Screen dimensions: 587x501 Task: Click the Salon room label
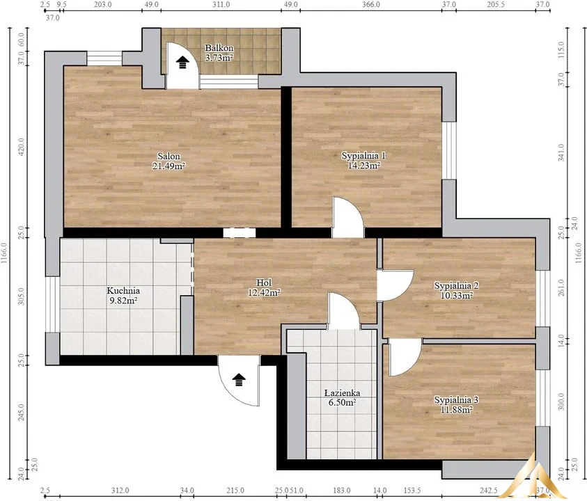click(x=169, y=161)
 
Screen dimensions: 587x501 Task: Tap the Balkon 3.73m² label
click(x=219, y=53)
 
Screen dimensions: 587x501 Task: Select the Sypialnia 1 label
click(x=363, y=161)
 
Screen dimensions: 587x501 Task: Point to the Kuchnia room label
click(x=123, y=295)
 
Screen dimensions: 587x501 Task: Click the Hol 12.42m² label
click(x=264, y=287)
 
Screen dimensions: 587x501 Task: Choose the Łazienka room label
click(x=342, y=397)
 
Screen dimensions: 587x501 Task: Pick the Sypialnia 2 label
click(x=456, y=290)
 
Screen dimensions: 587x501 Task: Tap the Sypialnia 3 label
click(x=456, y=404)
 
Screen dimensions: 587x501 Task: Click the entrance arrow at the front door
click(x=239, y=379)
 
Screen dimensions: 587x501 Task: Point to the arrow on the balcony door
click(x=182, y=62)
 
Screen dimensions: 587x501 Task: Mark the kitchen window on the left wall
click(x=52, y=304)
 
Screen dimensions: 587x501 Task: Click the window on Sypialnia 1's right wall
click(x=449, y=150)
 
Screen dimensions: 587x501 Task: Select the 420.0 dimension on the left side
click(x=21, y=147)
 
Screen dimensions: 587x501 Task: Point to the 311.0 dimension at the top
click(x=221, y=4)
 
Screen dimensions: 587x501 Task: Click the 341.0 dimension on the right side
click(x=561, y=152)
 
